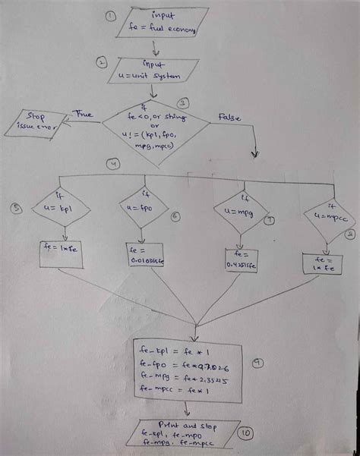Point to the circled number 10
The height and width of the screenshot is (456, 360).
[245, 433]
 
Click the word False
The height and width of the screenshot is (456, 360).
[229, 117]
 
